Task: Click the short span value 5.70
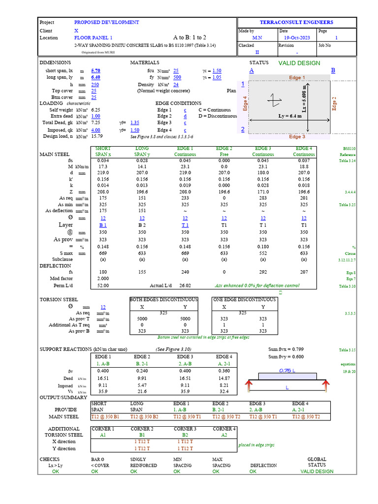pyautogui.click(x=96, y=70)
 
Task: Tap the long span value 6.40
pyautogui.click(x=96, y=77)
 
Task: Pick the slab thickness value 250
pyautogui.click(x=95, y=84)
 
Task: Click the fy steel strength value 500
pyautogui.click(x=177, y=77)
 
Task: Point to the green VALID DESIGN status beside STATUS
pyautogui.click(x=299, y=63)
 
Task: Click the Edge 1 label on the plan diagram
pyautogui.click(x=297, y=78)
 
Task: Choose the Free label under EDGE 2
pyautogui.click(x=224, y=154)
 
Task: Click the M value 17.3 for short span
pyautogui.click(x=103, y=167)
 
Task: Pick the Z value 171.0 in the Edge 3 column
pyautogui.click(x=263, y=191)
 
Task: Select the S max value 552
pyautogui.click(x=263, y=253)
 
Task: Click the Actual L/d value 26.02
pyautogui.click(x=186, y=285)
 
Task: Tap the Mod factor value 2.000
pyautogui.click(x=103, y=278)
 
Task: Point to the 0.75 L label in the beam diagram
pyautogui.click(x=287, y=370)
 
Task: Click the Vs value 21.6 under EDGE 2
pyautogui.click(x=142, y=391)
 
